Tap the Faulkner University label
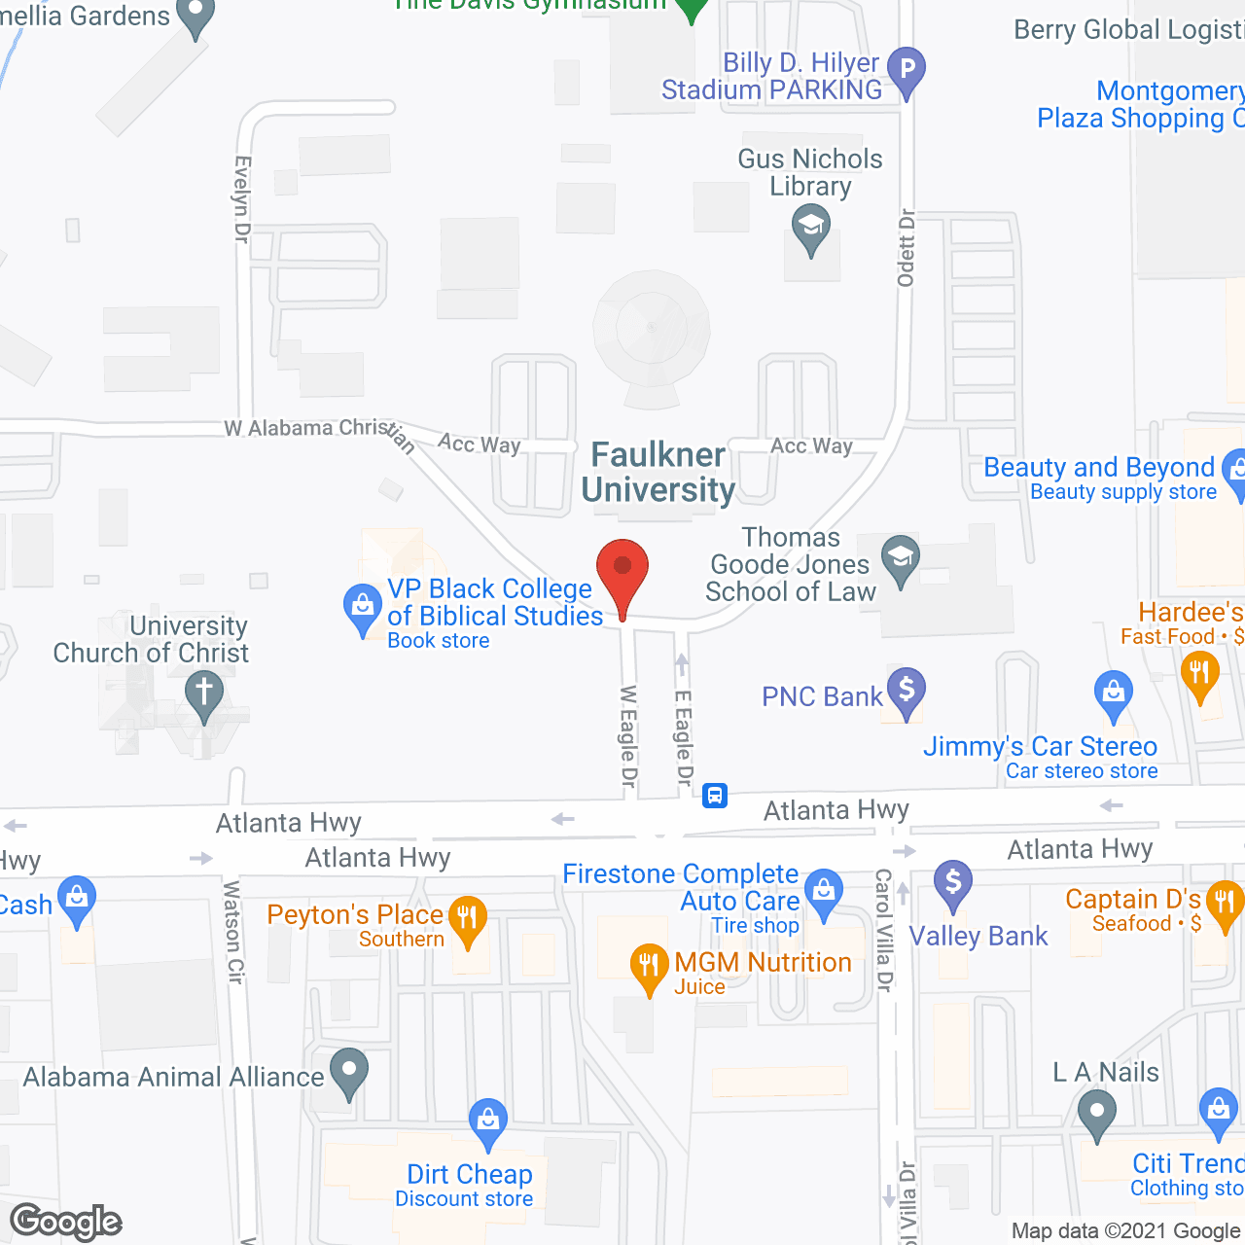tap(658, 473)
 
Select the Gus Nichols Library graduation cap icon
tap(810, 231)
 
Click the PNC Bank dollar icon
tap(907, 693)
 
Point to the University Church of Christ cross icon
tap(204, 695)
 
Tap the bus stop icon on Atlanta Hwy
tap(715, 796)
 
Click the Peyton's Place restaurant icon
tap(468, 919)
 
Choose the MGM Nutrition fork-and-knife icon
tap(649, 967)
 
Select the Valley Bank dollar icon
tap(953, 884)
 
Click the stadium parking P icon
tap(907, 71)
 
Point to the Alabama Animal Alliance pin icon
tap(349, 1073)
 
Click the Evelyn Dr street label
tap(242, 198)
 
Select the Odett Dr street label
tap(907, 248)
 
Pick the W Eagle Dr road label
tap(628, 736)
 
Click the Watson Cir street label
tap(232, 932)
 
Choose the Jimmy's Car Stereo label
tap(1040, 746)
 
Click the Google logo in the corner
tap(66, 1221)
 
